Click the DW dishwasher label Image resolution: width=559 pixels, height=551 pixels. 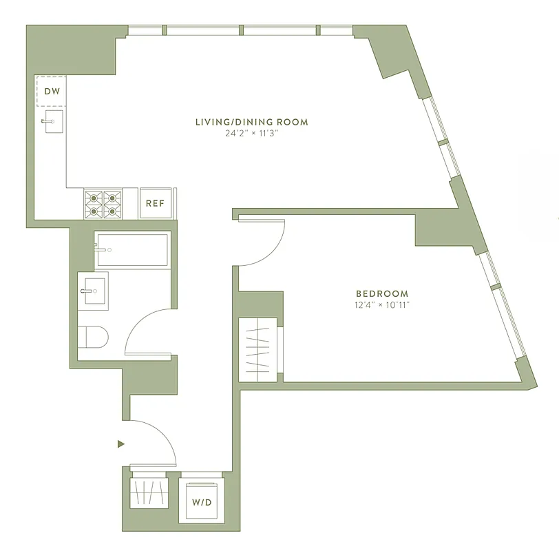coord(52,91)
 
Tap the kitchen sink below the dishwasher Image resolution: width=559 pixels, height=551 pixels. coord(51,122)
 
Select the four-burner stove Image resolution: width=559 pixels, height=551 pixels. coord(103,203)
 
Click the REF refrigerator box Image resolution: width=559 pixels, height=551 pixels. coord(156,203)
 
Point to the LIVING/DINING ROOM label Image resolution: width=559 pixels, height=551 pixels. coord(251,122)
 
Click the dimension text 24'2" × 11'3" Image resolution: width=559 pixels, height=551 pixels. coord(251,134)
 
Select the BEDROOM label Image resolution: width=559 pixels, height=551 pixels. coord(381,293)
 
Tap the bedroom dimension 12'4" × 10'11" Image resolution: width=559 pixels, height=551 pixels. coord(381,304)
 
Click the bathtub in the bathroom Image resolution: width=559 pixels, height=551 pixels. coord(131,249)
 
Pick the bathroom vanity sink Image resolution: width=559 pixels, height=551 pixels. coord(92,291)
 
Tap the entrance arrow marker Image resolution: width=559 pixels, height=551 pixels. coord(121,444)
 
